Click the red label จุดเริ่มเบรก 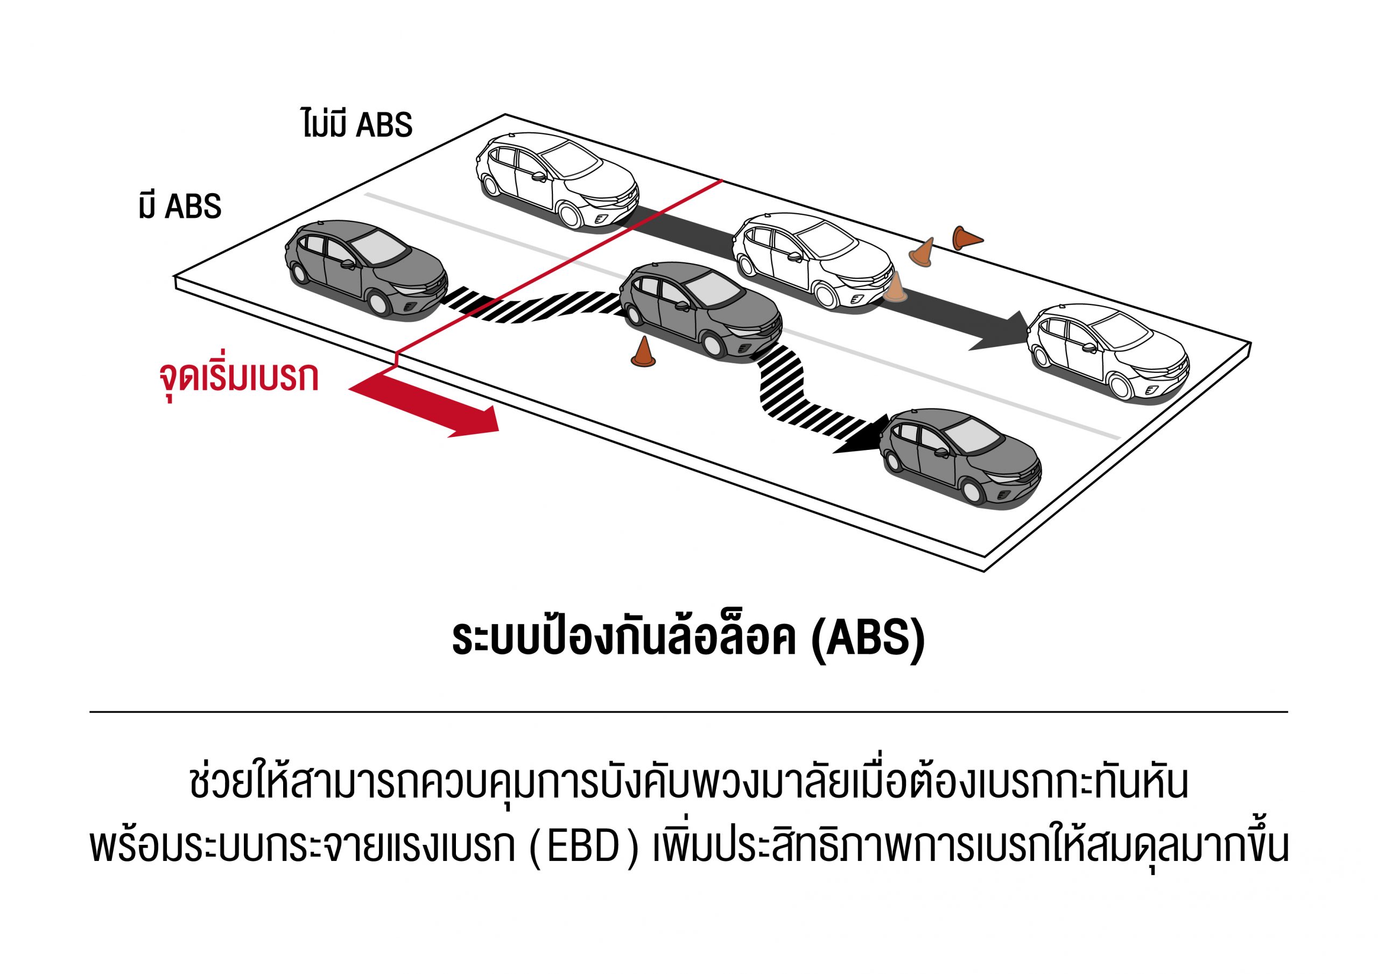point(239,377)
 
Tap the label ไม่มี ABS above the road point(357,124)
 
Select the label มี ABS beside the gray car point(180,206)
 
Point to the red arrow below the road point(432,407)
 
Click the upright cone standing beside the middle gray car point(643,352)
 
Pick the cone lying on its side point(966,238)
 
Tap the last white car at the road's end point(1108,350)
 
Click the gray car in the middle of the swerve point(700,308)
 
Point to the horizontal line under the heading point(688,712)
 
